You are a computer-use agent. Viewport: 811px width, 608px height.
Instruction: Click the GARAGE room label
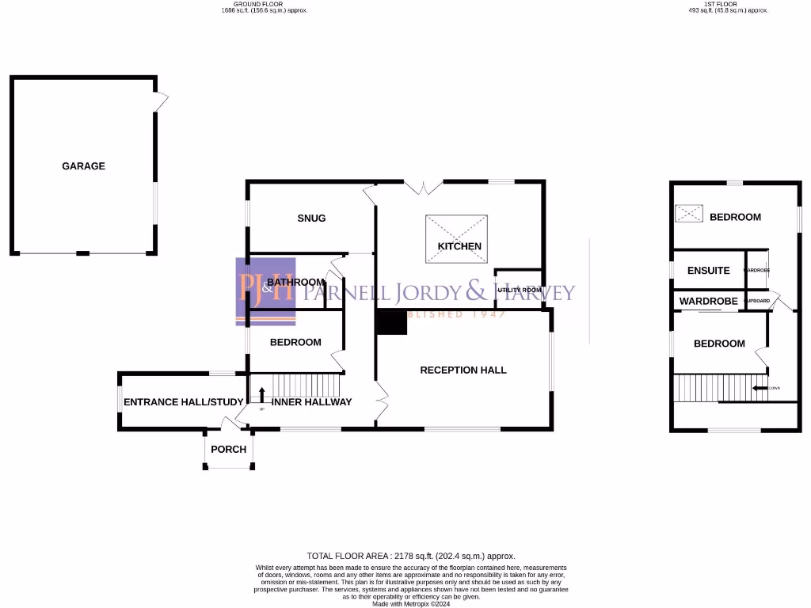point(83,166)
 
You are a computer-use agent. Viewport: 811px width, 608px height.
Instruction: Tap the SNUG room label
point(311,218)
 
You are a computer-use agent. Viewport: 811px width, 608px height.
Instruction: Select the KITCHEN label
point(459,246)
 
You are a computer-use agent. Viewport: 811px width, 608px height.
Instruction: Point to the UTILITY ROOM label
point(520,291)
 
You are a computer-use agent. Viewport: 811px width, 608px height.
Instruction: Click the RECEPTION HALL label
point(463,370)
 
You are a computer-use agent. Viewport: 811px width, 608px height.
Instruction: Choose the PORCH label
point(229,450)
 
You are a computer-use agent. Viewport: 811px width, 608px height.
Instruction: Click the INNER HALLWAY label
point(311,402)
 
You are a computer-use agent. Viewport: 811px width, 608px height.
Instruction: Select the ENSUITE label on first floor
point(708,271)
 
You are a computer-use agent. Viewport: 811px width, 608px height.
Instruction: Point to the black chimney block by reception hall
point(391,322)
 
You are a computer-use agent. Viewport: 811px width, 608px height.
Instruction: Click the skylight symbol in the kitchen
point(456,237)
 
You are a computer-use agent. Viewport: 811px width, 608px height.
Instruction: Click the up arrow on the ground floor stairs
point(262,392)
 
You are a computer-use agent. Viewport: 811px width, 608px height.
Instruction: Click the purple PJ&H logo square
point(265,291)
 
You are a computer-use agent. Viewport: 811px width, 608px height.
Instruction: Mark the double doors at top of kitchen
point(424,188)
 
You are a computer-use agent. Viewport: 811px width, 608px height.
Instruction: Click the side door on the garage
point(161,101)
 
